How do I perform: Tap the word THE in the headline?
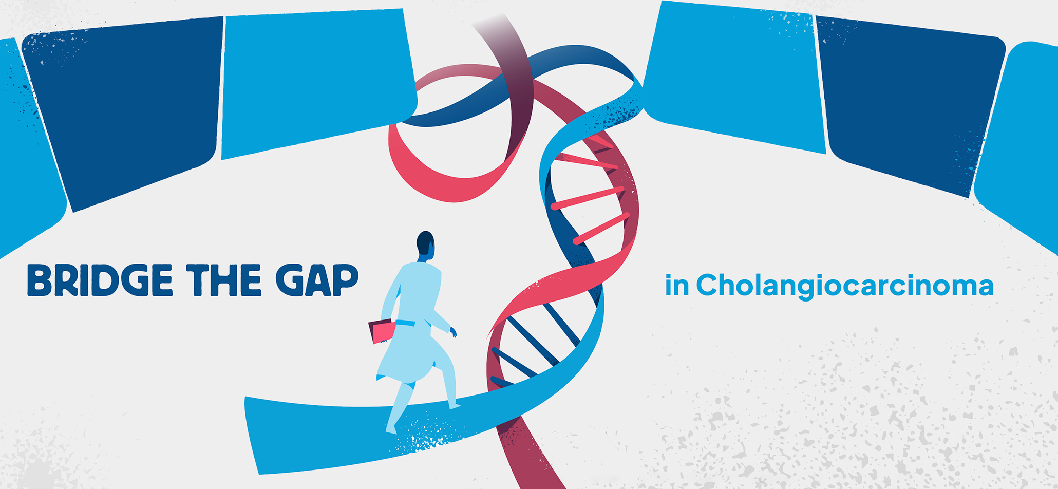tap(224, 280)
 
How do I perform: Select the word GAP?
tap(317, 280)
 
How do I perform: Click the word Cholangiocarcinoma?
tap(845, 286)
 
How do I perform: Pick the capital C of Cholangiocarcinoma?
tap(708, 285)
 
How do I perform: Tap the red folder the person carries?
tap(382, 331)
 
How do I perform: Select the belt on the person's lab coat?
tap(405, 323)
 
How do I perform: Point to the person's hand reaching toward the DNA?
tap(453, 332)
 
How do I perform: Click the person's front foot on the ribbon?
tap(455, 406)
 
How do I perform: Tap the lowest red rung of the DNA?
tap(601, 228)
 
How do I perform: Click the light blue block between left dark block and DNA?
tap(316, 82)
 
